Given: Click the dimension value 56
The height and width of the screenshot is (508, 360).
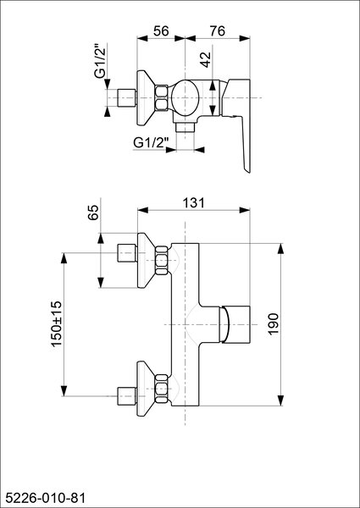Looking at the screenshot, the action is [x=161, y=31].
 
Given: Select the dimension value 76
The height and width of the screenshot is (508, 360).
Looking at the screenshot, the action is [x=218, y=31].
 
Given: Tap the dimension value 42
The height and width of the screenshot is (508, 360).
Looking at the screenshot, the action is [x=206, y=59].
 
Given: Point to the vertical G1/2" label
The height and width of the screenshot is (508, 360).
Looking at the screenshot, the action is [x=100, y=61].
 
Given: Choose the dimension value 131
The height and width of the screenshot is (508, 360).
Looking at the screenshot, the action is [x=194, y=203].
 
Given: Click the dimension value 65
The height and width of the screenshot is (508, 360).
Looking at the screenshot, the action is [x=93, y=213].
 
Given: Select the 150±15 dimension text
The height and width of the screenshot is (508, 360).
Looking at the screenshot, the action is [x=57, y=324].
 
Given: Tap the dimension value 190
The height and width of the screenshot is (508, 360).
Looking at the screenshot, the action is [x=274, y=324].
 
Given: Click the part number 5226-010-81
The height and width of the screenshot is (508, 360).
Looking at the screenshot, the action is [x=44, y=498].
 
